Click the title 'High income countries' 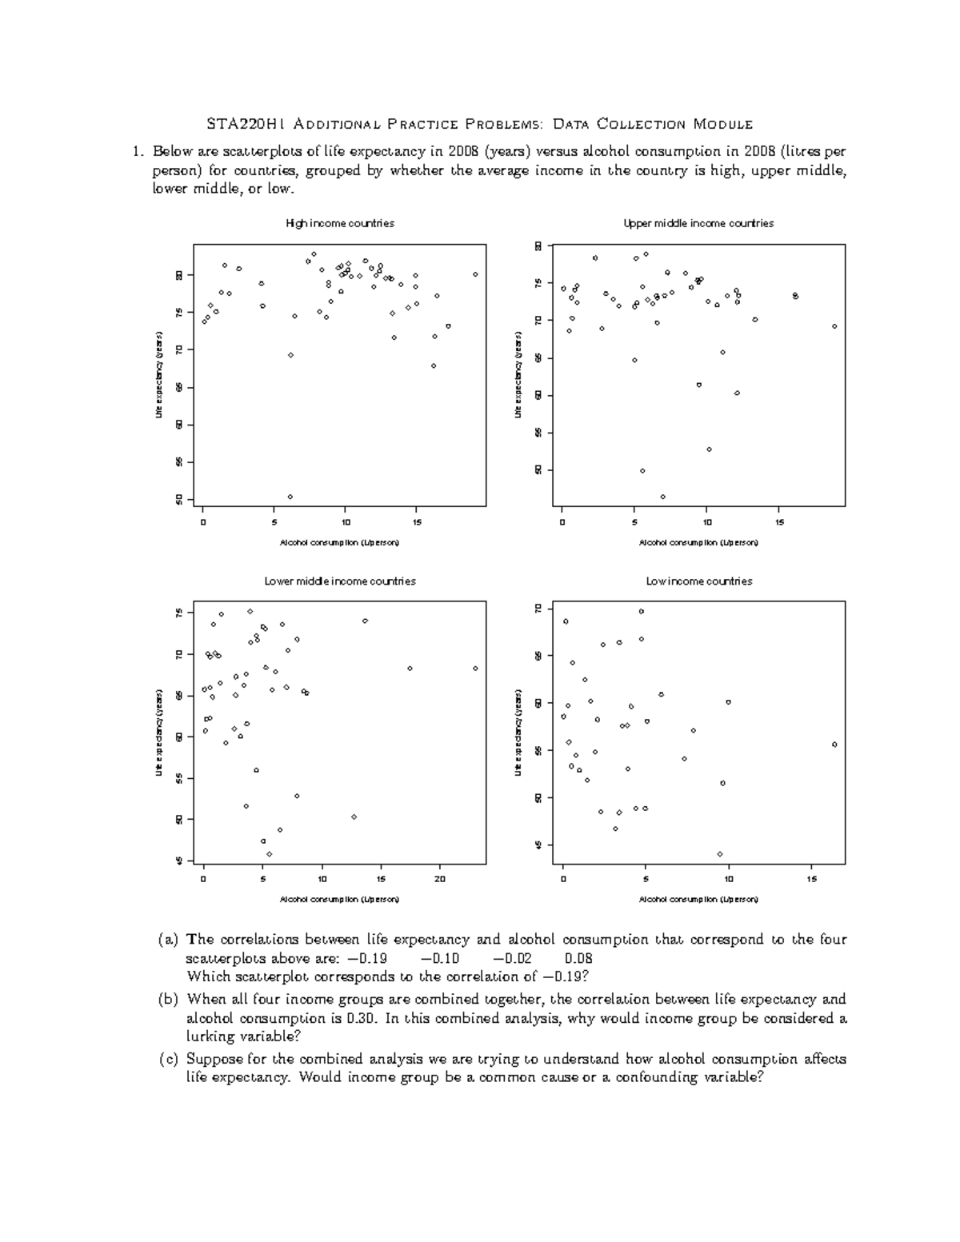340,224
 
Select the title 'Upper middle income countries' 698,224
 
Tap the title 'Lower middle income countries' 340,581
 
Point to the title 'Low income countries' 698,581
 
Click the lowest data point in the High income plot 290,497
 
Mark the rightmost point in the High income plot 475,274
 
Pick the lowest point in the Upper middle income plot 662,497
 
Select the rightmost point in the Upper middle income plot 834,326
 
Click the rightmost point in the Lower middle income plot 475,668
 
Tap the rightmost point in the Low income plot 834,744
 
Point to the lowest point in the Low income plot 720,854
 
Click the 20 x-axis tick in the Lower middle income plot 439,879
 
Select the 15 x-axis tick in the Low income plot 811,879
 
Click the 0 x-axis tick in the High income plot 203,521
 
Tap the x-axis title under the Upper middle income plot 698,542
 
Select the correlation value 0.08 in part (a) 578,958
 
